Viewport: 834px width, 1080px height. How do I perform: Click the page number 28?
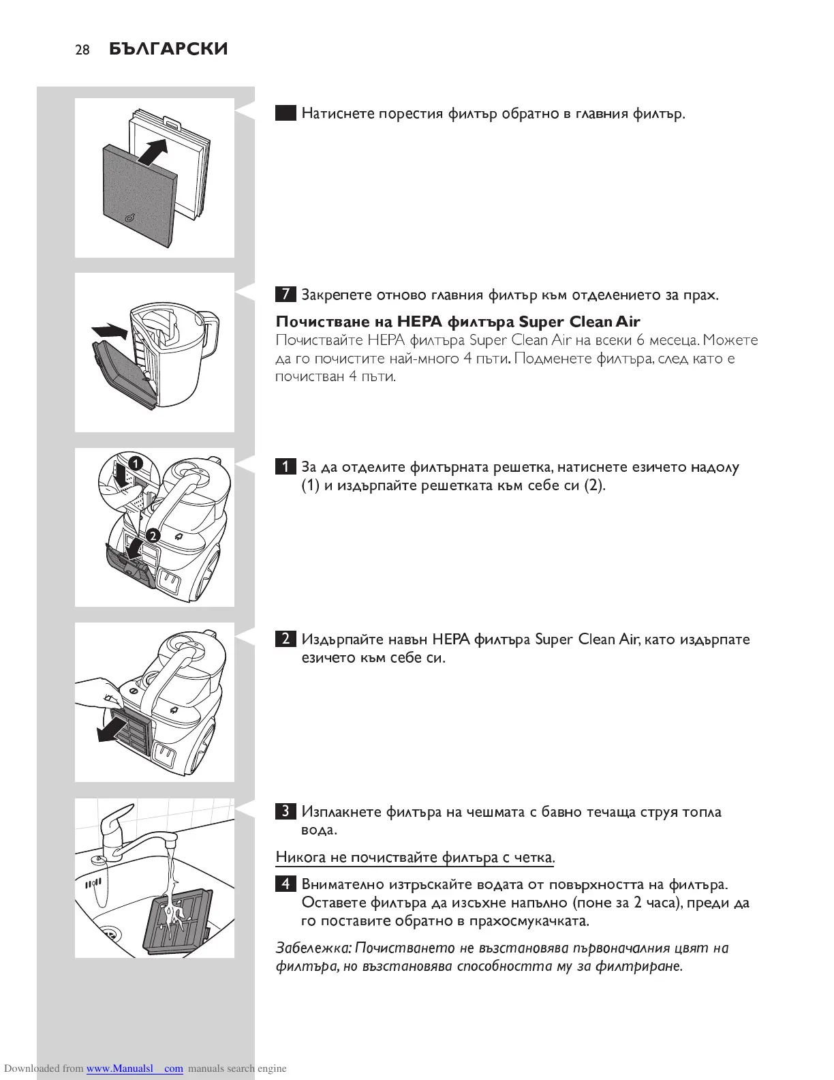click(x=82, y=50)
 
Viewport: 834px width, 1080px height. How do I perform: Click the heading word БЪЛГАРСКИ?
click(x=168, y=49)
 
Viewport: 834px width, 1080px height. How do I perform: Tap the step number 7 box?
click(x=285, y=295)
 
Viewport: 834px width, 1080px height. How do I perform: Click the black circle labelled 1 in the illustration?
click(x=136, y=464)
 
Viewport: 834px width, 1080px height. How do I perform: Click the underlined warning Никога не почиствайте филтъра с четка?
click(x=415, y=857)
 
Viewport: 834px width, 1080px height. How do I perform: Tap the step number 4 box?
click(x=285, y=884)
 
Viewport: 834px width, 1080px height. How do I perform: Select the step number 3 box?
click(x=285, y=811)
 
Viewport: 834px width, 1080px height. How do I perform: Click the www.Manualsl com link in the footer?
click(x=134, y=1068)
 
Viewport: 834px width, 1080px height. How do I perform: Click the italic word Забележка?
click(x=313, y=948)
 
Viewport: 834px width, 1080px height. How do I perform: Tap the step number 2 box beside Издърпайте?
click(x=285, y=639)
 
